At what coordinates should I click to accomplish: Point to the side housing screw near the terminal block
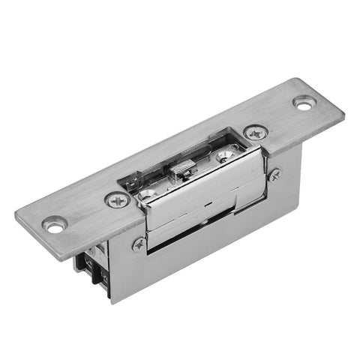pyautogui.click(x=139, y=244)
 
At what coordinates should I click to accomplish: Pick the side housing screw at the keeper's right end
pyautogui.click(x=274, y=174)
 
